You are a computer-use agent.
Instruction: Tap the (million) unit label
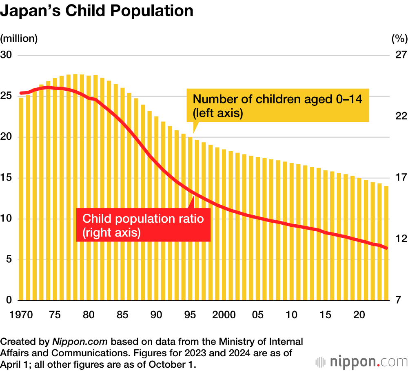(x=19, y=39)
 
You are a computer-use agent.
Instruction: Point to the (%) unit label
(x=399, y=39)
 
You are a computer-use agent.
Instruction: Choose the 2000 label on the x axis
(x=224, y=315)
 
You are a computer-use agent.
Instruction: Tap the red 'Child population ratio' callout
(x=143, y=225)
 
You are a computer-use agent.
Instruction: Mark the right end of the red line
(x=386, y=248)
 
